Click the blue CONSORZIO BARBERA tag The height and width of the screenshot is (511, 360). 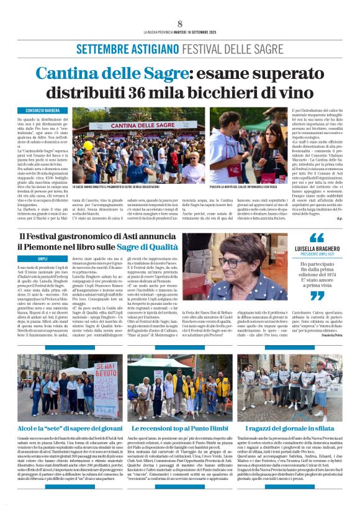pos(51,111)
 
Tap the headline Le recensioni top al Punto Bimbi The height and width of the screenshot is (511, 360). pos(178,428)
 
